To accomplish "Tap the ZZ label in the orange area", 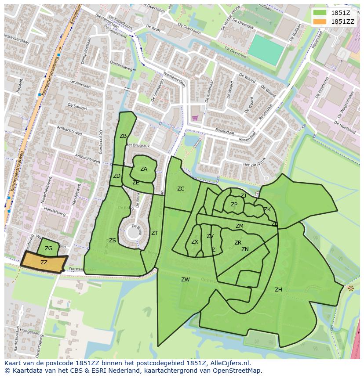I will coord(44,262).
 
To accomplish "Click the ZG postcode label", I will coord(48,248).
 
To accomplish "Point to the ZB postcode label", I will coord(123,136).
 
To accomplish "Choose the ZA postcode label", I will coord(144,169).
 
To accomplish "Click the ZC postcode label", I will coord(181,189).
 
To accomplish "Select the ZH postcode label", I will coord(278,290).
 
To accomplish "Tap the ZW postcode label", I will coord(186,280).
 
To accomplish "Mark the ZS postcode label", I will coord(113,241).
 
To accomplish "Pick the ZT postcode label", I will coord(154,233).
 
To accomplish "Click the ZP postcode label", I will coord(234,205).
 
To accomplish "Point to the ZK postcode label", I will coord(267,209).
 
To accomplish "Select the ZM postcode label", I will coord(240,226).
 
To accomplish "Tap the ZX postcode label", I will coord(195,242).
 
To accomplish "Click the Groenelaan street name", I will coord(80,86).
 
